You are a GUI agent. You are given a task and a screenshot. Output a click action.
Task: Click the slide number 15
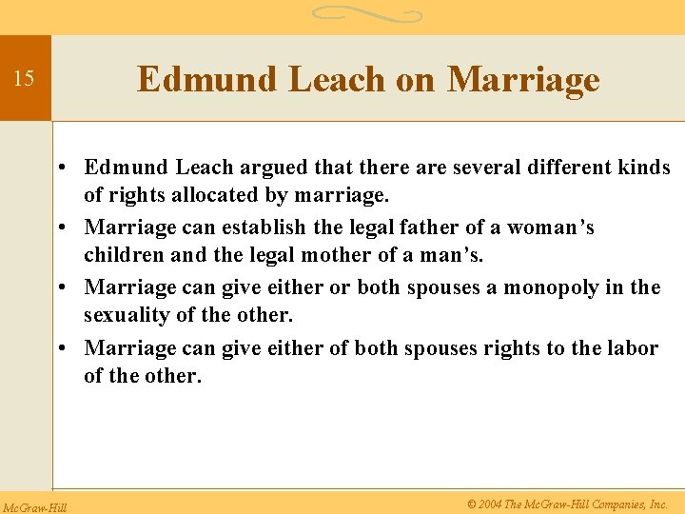click(24, 78)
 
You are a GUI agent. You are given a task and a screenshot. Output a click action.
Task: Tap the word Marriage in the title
click(523, 79)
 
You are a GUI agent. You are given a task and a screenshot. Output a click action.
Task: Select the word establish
click(270, 227)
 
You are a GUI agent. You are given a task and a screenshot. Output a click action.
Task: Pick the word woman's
click(550, 227)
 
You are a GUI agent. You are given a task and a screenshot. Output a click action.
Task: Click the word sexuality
click(124, 314)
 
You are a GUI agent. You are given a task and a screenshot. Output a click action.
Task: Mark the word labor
click(633, 348)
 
